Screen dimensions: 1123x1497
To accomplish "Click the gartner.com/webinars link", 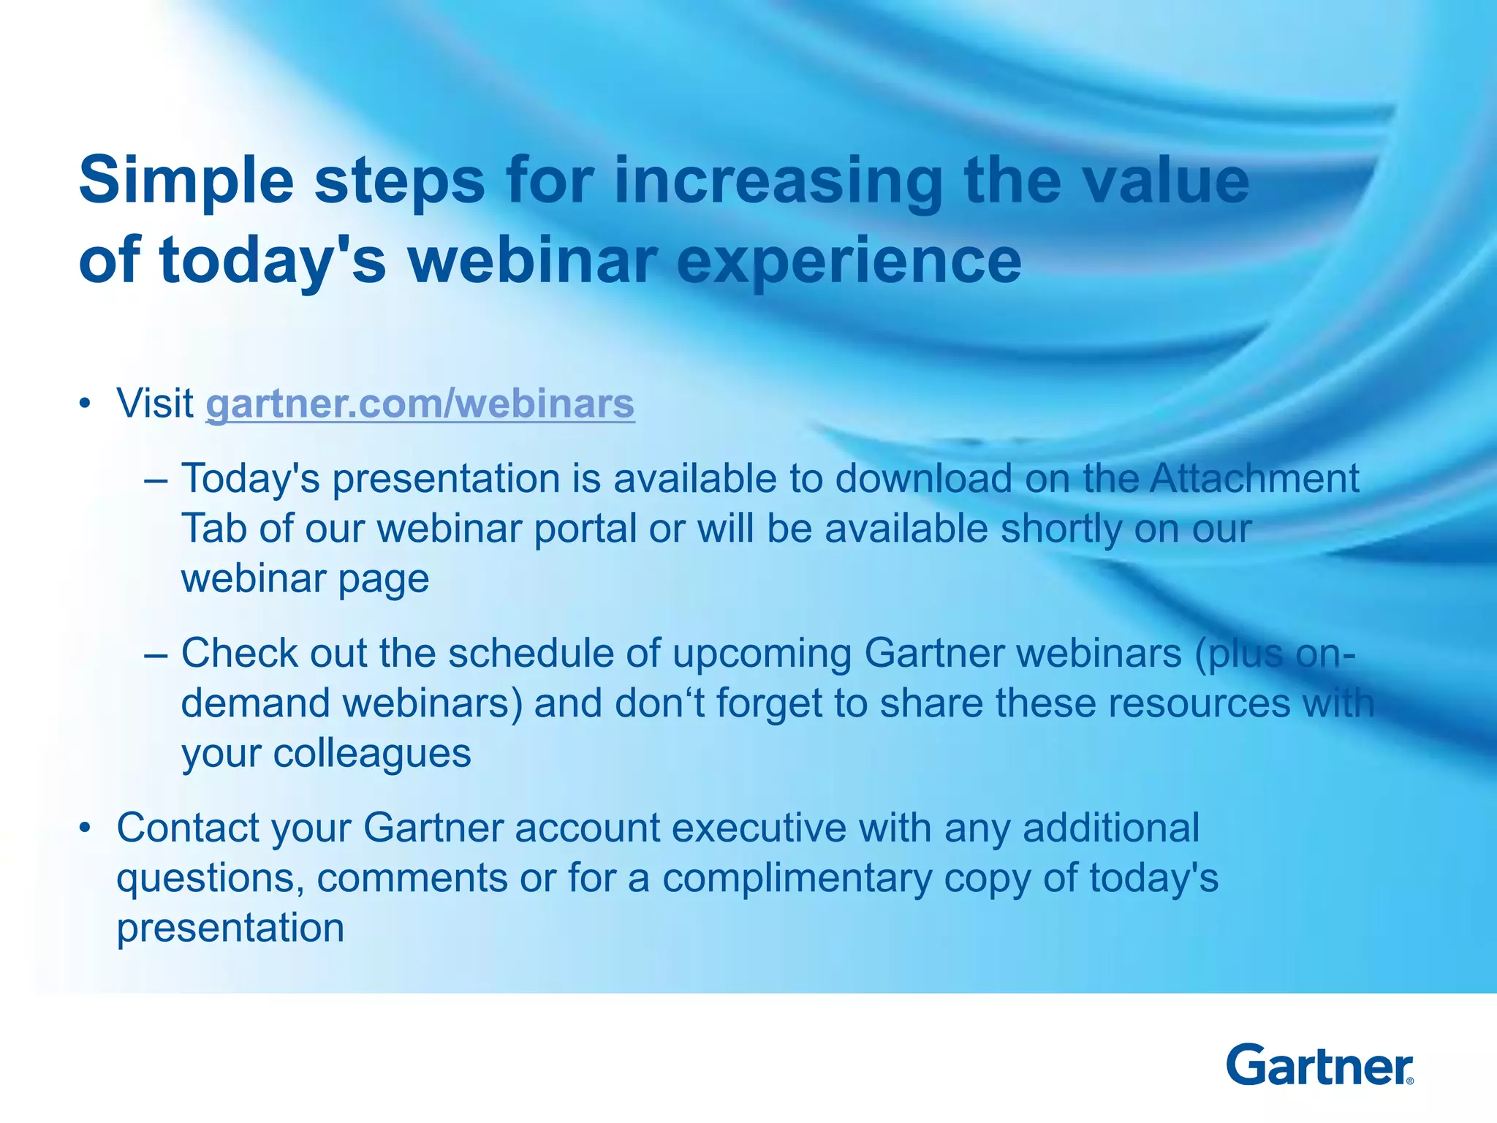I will pos(420,404).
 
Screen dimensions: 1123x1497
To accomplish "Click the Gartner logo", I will pos(1319,1065).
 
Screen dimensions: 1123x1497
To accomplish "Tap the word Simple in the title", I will pos(186,181).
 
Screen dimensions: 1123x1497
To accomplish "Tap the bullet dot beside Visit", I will pos(86,404).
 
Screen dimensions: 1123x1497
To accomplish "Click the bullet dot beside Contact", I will pos(86,828).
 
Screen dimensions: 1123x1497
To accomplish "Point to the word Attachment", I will pos(1254,479).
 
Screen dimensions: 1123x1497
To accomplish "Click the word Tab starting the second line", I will pos(213,529).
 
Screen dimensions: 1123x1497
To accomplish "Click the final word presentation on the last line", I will pos(230,928).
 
